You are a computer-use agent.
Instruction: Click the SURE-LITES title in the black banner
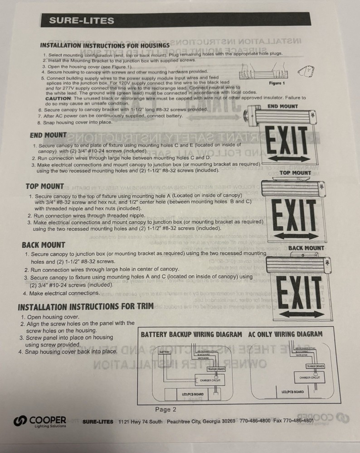click(82, 20)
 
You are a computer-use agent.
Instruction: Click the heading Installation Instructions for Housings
click(105, 45)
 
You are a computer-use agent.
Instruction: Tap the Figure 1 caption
click(277, 83)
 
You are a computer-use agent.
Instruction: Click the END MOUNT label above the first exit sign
click(282, 106)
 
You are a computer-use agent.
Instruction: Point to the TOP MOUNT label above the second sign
click(295, 173)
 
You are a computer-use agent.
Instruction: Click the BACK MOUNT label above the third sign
click(306, 248)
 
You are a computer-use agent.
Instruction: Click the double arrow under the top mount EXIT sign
click(293, 235)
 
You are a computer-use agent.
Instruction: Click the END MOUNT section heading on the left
click(48, 135)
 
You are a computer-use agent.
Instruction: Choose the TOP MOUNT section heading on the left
click(45, 187)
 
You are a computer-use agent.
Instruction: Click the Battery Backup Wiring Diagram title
click(191, 334)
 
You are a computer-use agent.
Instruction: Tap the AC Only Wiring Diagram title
click(286, 334)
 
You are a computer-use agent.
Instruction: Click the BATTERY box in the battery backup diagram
click(165, 352)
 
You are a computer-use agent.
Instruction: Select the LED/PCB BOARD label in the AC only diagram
click(292, 392)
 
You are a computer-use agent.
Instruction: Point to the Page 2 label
click(165, 410)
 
